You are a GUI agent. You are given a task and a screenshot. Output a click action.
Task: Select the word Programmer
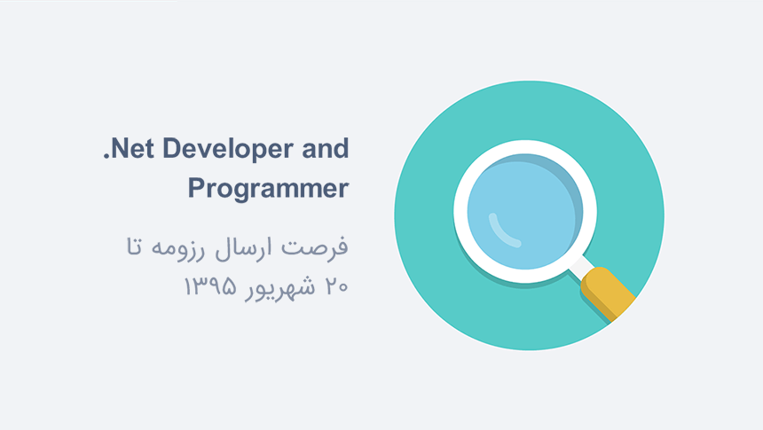(268, 189)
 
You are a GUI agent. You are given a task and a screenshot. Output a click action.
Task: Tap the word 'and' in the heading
(325, 148)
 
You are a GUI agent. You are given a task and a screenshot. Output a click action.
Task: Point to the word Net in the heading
(133, 148)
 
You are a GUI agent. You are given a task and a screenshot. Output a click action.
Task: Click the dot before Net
(106, 156)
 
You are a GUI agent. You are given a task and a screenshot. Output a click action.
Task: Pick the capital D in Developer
(172, 148)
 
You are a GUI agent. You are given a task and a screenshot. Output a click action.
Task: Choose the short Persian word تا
(134, 246)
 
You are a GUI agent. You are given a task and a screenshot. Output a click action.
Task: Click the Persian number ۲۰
(336, 286)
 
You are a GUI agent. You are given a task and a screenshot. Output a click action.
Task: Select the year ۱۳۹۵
(209, 286)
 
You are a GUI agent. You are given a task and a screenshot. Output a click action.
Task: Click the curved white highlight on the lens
(499, 232)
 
